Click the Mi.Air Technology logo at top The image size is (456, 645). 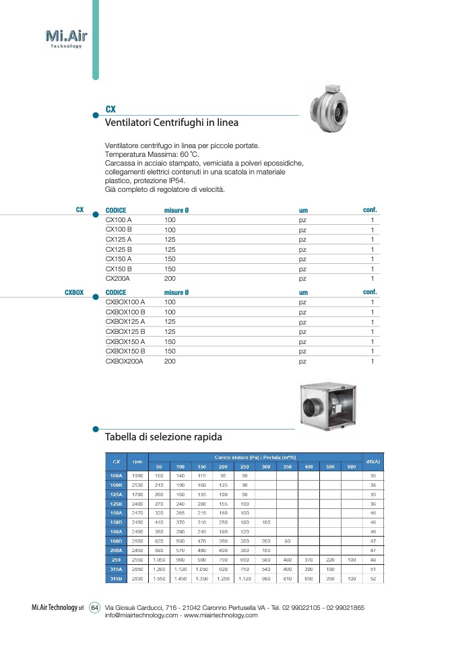(65, 38)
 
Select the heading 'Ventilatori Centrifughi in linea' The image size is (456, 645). (172, 123)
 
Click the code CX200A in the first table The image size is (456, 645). (118, 278)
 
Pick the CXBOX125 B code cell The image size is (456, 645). (125, 331)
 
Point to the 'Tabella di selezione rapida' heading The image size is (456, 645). (164, 438)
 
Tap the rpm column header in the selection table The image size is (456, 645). (137, 461)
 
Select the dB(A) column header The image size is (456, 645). (372, 461)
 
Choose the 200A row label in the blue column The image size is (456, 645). (116, 550)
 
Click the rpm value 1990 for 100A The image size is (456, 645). (137, 475)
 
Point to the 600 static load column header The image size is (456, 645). (352, 467)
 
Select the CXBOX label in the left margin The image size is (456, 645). (74, 293)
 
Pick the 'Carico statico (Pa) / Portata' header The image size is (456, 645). (255, 457)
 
